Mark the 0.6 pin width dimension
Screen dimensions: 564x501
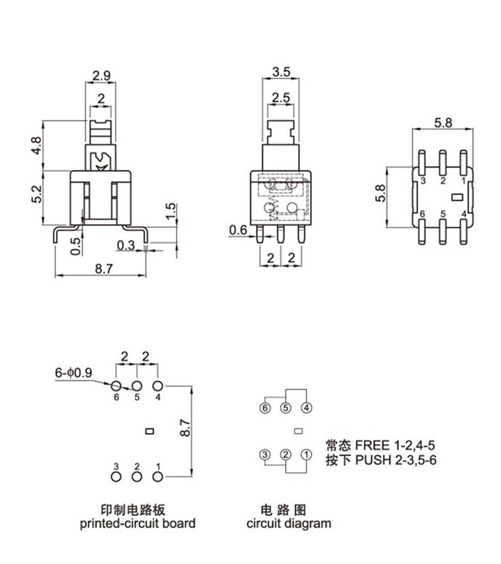pos(237,230)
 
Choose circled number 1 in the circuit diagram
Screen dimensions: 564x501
pos(306,454)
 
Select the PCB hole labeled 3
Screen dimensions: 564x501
pos(116,477)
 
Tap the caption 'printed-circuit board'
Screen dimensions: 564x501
pos(137,523)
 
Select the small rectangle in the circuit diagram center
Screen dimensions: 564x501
pos(298,430)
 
